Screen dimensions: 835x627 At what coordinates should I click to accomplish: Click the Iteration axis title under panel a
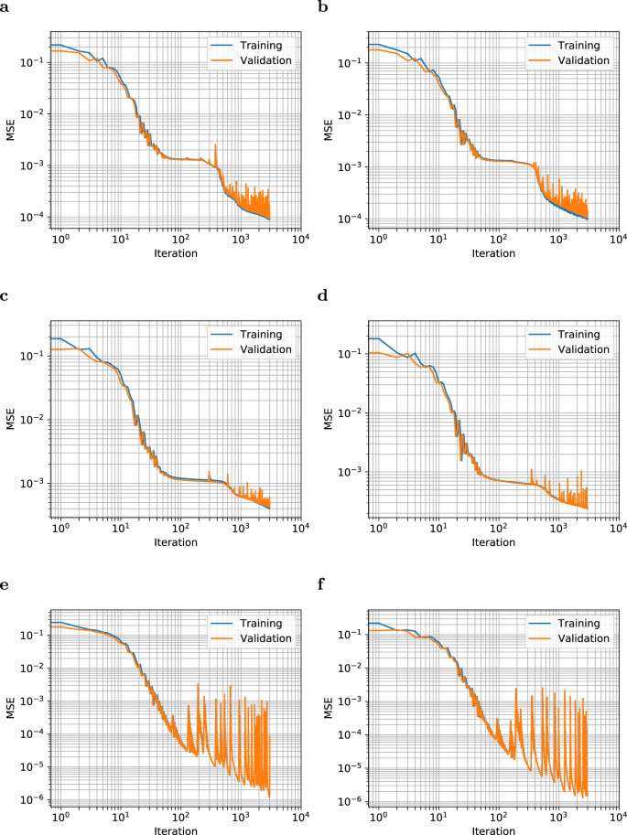(x=176, y=252)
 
